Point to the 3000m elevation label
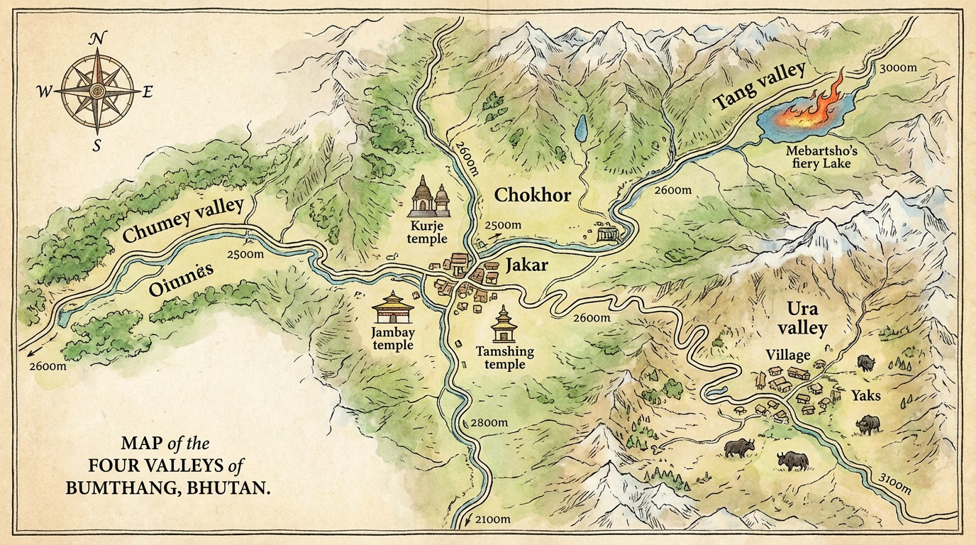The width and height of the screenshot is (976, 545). [899, 69]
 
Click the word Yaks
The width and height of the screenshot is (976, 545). [865, 395]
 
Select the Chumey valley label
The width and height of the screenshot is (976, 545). [183, 221]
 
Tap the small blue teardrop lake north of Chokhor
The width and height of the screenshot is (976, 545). [581, 129]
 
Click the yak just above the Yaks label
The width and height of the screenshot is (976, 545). [866, 363]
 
